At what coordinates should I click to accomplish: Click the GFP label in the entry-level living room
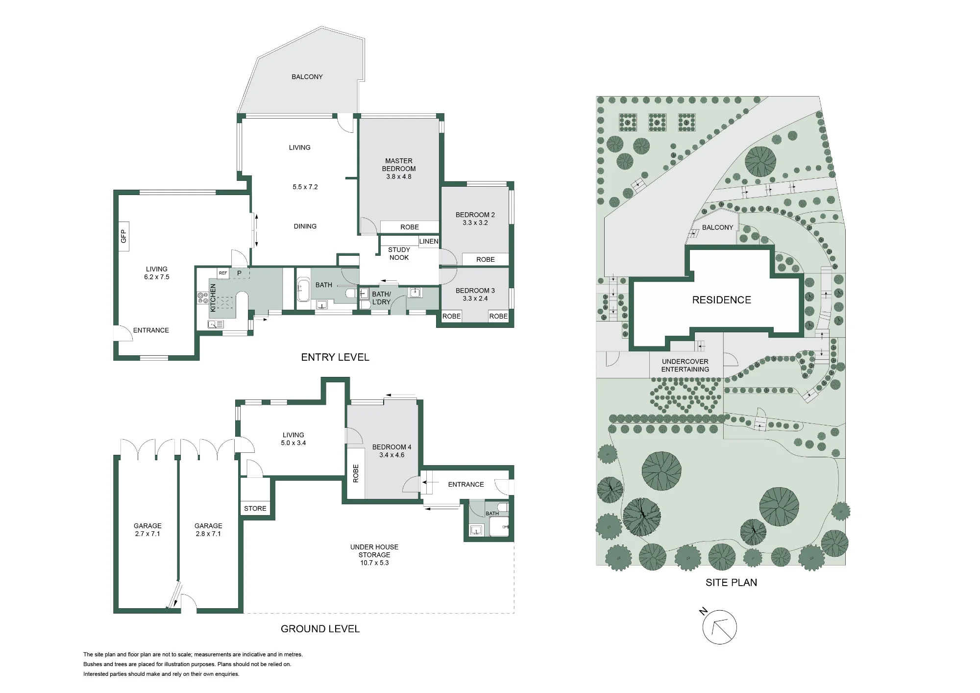click(x=123, y=236)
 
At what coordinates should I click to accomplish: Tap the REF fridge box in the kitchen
click(x=223, y=273)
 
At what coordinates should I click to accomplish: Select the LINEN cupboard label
click(x=429, y=241)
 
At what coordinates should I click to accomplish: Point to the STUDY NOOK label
click(x=399, y=253)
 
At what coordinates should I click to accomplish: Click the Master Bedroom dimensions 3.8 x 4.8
click(x=399, y=176)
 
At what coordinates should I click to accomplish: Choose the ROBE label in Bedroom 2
click(x=486, y=259)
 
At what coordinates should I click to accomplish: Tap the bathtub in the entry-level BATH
click(x=303, y=290)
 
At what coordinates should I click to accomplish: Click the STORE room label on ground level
click(x=255, y=508)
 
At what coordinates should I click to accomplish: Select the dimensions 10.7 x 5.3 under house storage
click(x=374, y=563)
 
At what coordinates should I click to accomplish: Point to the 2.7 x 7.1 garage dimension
click(x=147, y=534)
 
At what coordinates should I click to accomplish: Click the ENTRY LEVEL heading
click(x=335, y=357)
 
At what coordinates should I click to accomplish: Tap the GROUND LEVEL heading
click(x=320, y=629)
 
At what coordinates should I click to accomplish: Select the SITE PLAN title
click(x=731, y=583)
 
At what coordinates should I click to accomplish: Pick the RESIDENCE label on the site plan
click(x=721, y=300)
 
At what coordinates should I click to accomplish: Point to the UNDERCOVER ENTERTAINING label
click(x=685, y=365)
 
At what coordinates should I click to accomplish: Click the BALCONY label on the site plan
click(x=717, y=227)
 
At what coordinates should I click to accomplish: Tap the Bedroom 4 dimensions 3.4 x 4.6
click(x=392, y=455)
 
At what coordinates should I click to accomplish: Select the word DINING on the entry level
click(x=305, y=226)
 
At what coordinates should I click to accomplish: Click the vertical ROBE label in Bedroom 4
click(x=356, y=473)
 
